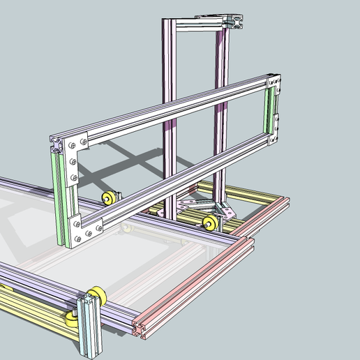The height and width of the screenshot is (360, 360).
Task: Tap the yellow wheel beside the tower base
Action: [208, 223]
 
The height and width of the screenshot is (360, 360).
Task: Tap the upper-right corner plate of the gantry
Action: [275, 83]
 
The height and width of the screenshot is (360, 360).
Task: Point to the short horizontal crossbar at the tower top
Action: [199, 24]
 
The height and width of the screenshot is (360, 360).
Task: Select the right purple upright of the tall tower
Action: [222, 105]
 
